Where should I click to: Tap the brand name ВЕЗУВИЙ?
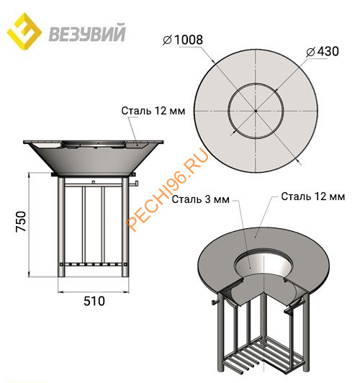(88, 33)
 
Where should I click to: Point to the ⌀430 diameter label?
(322, 52)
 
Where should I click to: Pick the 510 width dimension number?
(94, 300)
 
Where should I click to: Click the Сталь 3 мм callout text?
(207, 199)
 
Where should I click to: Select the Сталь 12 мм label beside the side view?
(153, 111)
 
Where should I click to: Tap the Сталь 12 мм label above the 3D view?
(309, 195)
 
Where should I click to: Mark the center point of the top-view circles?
(255, 111)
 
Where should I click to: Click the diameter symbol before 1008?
(168, 40)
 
